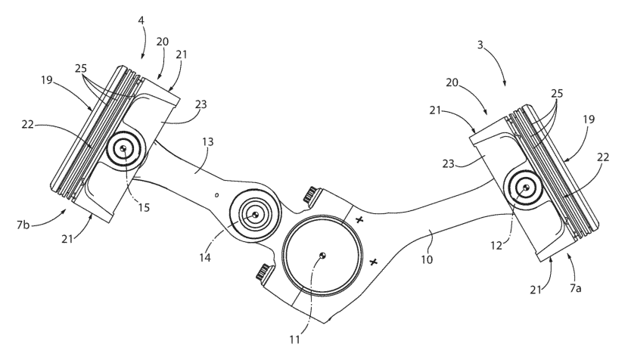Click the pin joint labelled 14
click(255, 215)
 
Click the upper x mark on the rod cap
click(359, 220)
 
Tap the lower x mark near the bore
click(373, 262)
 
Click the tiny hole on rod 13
click(217, 194)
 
